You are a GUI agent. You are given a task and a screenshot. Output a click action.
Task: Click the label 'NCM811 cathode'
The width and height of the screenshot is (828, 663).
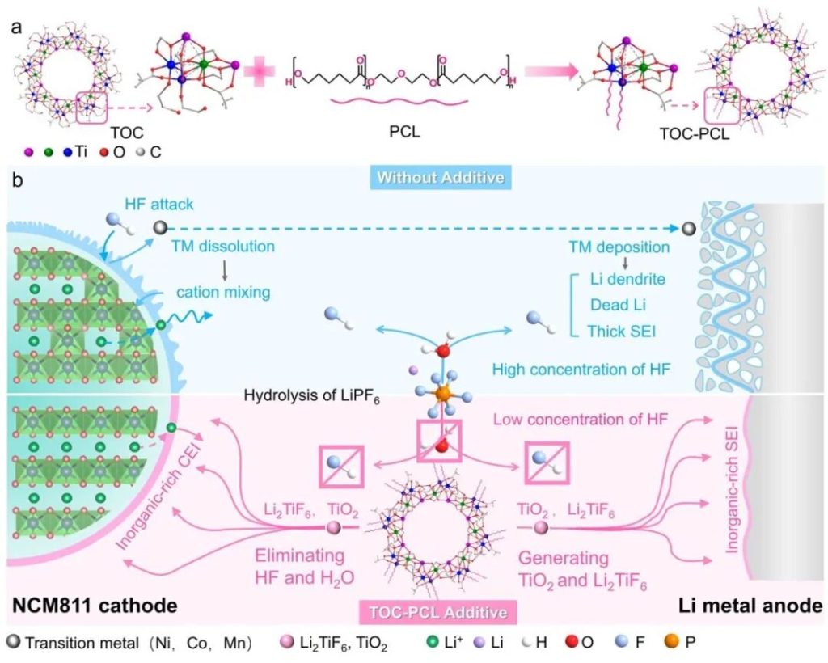click(x=93, y=605)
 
